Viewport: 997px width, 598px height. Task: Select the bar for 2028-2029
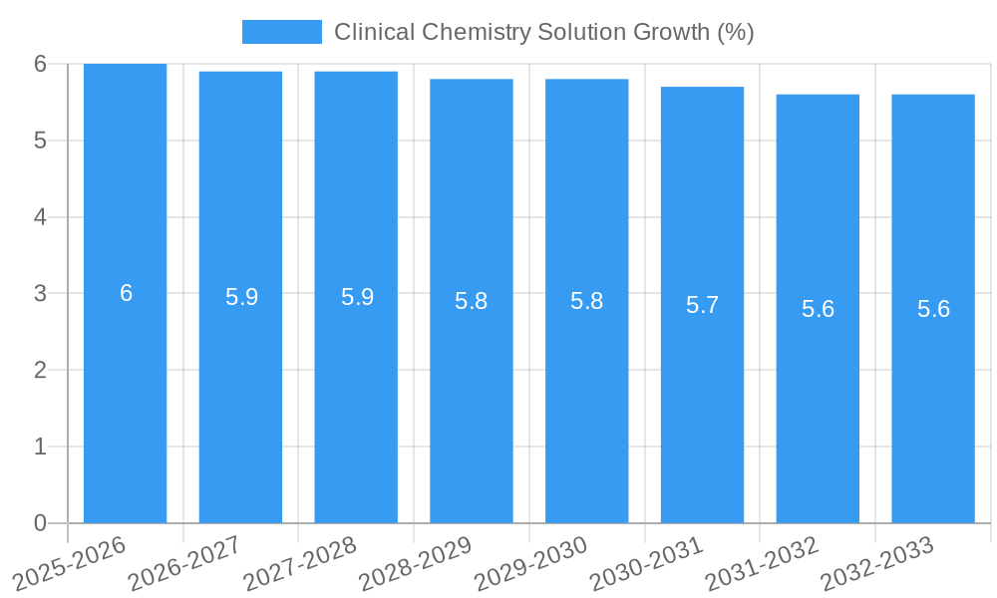472,399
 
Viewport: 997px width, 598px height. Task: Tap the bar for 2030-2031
702,399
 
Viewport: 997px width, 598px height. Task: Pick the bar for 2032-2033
933,399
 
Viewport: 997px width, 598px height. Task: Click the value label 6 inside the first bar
126,293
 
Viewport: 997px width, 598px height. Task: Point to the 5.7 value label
702,305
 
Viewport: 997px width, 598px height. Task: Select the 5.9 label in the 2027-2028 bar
357,297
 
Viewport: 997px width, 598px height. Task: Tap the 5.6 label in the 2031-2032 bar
818,309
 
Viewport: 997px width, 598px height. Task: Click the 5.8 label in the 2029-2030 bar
586,301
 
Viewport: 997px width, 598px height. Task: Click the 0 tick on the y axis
40,523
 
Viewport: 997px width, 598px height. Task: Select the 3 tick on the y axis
40,294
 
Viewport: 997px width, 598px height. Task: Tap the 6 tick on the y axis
40,64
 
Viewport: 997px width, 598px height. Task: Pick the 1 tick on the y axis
40,447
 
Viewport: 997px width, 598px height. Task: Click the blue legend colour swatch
282,32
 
